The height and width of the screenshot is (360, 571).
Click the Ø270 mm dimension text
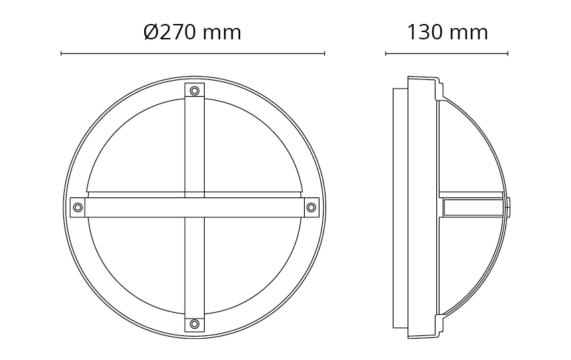pyautogui.click(x=192, y=33)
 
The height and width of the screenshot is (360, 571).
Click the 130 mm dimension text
pyautogui.click(x=447, y=33)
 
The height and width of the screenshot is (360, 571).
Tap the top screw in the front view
pyautogui.click(x=195, y=90)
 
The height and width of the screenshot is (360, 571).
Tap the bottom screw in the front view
pyautogui.click(x=195, y=323)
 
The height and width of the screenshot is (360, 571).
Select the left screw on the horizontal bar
pyautogui.click(x=78, y=207)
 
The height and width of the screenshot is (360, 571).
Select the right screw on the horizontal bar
pyautogui.click(x=311, y=207)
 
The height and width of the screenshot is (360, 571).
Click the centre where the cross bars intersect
pyautogui.click(x=195, y=207)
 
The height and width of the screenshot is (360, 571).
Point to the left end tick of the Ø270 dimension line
pyautogui.click(x=61, y=54)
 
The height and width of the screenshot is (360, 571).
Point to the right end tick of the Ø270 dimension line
pyautogui.click(x=324, y=54)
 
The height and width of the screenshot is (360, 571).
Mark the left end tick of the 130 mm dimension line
pyautogui.click(x=386, y=54)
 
